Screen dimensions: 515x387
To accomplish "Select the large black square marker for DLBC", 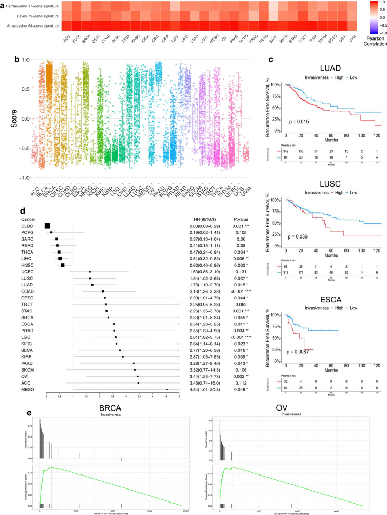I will (47, 226).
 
